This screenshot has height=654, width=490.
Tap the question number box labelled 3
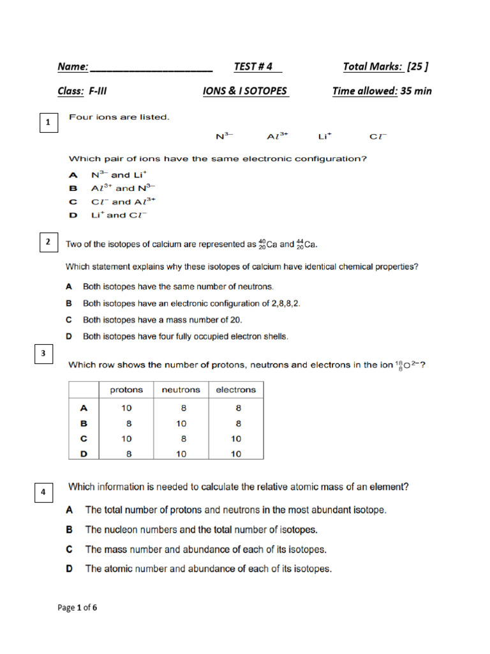[43, 354]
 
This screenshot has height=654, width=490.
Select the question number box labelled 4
[43, 492]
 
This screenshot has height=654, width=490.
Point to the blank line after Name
[151, 68]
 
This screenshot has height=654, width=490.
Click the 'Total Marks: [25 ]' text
[385, 66]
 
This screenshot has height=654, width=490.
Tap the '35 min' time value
[416, 91]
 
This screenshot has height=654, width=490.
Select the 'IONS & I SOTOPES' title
[246, 91]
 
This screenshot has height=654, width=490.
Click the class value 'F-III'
[98, 91]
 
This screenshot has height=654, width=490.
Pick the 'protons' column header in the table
[126, 390]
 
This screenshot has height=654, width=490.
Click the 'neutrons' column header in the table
[181, 390]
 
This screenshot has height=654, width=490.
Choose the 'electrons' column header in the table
[235, 390]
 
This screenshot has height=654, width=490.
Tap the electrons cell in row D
[235, 454]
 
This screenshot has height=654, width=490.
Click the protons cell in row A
[126, 407]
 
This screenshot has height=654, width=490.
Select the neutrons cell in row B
[181, 423]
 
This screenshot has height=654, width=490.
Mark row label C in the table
[83, 439]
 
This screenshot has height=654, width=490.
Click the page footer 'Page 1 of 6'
[77, 607]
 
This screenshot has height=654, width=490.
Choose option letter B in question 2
[69, 303]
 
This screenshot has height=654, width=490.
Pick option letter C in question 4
[70, 549]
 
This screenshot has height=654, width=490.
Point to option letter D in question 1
[73, 215]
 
